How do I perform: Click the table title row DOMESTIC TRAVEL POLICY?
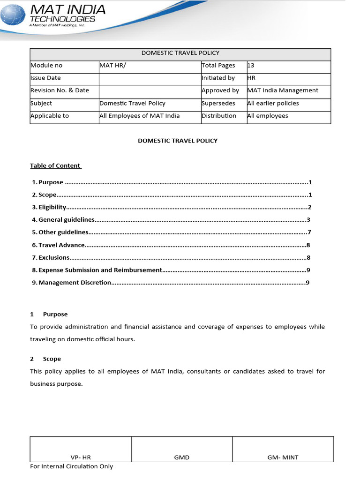click(180, 53)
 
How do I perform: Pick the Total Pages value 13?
click(252, 66)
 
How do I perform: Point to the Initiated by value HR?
click(252, 78)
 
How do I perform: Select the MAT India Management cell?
click(283, 90)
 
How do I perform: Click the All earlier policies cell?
click(273, 103)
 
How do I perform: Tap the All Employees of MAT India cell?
click(140, 116)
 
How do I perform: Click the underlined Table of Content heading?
click(55, 165)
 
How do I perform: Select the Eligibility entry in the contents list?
click(52, 207)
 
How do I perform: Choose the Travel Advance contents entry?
click(61, 245)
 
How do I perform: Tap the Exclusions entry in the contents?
click(53, 257)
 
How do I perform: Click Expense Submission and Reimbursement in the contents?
click(100, 270)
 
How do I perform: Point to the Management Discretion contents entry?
click(75, 283)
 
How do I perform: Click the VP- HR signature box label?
click(81, 457)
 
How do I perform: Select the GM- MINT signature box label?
click(283, 457)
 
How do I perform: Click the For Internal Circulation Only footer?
click(71, 466)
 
